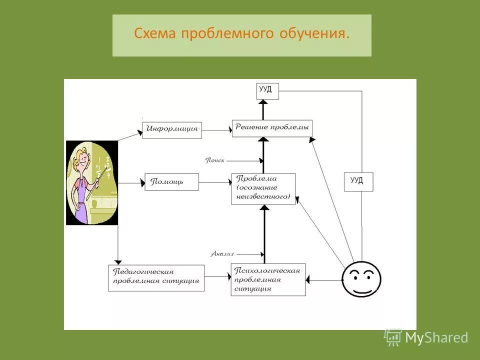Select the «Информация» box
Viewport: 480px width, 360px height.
click(171, 129)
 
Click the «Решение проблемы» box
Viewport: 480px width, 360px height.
click(272, 127)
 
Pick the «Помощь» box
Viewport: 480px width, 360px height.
click(171, 181)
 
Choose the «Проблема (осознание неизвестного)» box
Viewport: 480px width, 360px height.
click(263, 188)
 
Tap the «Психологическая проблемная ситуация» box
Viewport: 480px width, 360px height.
click(268, 279)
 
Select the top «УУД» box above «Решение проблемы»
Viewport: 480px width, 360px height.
click(267, 90)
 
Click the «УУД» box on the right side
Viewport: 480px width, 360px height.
click(358, 181)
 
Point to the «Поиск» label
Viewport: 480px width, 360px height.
click(215, 160)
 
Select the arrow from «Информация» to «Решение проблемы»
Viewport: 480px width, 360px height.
click(216, 130)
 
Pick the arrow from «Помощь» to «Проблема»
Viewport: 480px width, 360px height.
click(215, 182)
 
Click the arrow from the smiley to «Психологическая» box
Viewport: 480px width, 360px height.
click(324, 280)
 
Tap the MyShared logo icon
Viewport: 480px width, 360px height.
click(393, 337)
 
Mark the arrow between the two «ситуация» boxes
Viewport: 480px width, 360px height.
click(218, 275)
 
